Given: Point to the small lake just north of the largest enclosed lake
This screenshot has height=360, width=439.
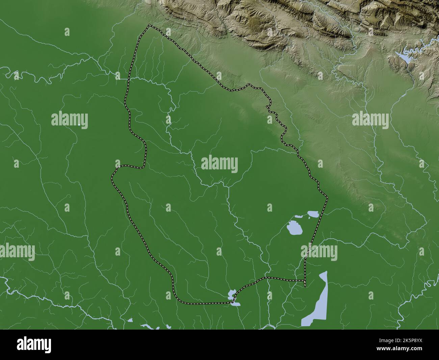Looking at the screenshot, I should click(x=312, y=214).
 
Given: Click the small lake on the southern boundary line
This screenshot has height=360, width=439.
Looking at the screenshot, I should click(x=232, y=294).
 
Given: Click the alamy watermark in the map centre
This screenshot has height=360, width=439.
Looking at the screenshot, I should click(x=219, y=165).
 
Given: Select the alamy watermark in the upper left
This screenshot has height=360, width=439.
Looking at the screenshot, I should click(x=70, y=120).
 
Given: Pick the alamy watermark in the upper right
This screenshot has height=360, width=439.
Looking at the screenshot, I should click(x=370, y=120).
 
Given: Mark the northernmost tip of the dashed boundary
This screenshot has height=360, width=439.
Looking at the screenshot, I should click(x=149, y=25).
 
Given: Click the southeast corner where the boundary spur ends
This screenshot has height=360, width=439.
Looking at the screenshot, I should click(x=305, y=287).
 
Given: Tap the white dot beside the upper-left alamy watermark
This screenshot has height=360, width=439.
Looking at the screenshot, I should click(x=79, y=125).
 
